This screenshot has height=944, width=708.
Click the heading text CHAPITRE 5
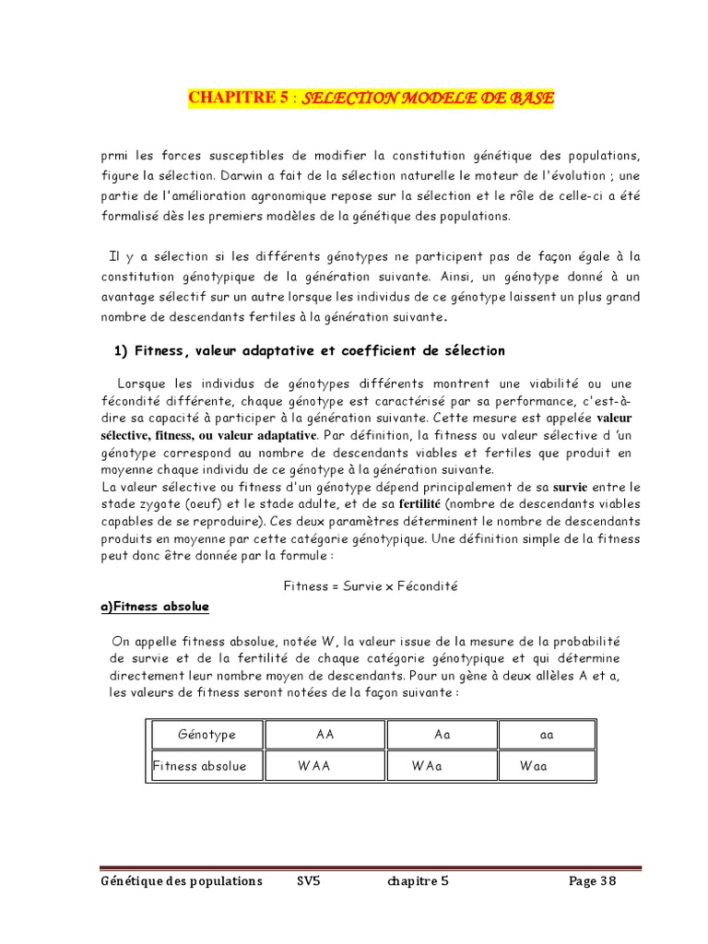(238, 98)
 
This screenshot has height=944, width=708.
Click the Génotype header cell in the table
(206, 735)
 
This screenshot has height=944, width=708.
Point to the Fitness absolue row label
(200, 766)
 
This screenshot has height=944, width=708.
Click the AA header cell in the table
(324, 735)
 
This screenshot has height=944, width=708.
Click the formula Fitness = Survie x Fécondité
(371, 585)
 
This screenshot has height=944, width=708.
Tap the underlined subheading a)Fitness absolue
(155, 607)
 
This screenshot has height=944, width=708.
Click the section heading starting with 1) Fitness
(309, 350)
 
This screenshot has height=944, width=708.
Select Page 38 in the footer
(592, 880)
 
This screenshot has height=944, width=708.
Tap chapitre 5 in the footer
(418, 880)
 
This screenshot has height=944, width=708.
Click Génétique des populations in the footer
(182, 880)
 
